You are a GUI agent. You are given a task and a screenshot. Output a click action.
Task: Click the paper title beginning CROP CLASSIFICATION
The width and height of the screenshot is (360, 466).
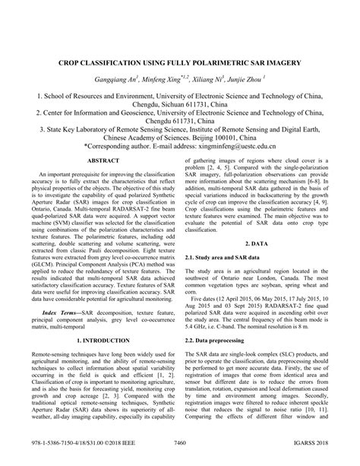[x=180, y=59]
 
